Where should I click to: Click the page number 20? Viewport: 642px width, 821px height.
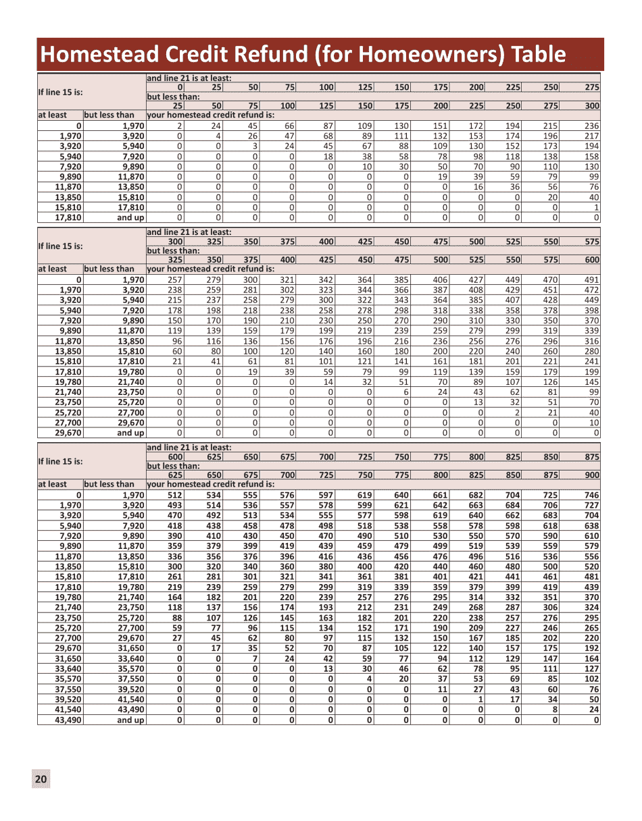41,779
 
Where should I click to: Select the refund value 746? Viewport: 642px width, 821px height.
592,495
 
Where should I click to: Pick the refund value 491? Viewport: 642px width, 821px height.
592,280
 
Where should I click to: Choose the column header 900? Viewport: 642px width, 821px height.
592,475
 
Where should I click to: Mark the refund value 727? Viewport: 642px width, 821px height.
592,505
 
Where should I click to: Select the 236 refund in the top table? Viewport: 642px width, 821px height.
592,126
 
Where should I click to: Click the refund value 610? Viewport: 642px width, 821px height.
592,535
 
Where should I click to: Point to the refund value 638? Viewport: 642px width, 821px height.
592,525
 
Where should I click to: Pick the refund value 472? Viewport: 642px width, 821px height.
592,290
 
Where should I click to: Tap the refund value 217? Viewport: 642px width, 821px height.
592,136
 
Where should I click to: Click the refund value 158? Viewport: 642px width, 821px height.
592,156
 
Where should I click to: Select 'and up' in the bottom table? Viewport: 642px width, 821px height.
130,720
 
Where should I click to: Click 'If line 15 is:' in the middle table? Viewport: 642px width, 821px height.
61,246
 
